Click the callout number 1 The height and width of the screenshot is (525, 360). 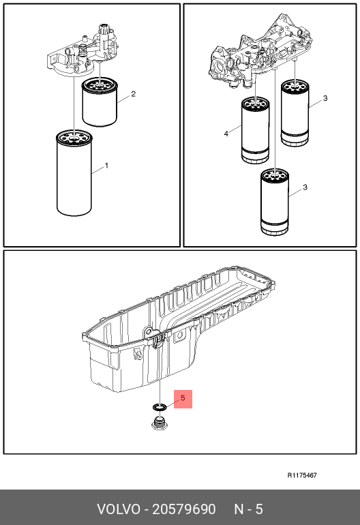106,166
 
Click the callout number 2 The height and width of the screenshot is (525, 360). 133,94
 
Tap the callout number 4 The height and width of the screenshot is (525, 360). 226,134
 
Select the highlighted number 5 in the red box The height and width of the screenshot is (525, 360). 183,398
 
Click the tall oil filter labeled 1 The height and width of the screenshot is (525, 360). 74,172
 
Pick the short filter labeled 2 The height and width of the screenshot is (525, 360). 100,102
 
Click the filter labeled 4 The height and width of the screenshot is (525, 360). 255,131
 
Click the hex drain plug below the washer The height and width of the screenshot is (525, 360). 160,423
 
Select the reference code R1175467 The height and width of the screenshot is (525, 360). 302,475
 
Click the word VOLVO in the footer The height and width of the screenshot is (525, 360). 119,509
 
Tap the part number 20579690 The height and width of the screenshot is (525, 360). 184,509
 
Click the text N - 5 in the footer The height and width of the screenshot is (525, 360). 248,509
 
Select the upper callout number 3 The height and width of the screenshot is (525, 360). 325,98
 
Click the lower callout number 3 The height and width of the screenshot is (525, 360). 305,187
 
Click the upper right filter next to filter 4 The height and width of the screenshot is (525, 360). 295,112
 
